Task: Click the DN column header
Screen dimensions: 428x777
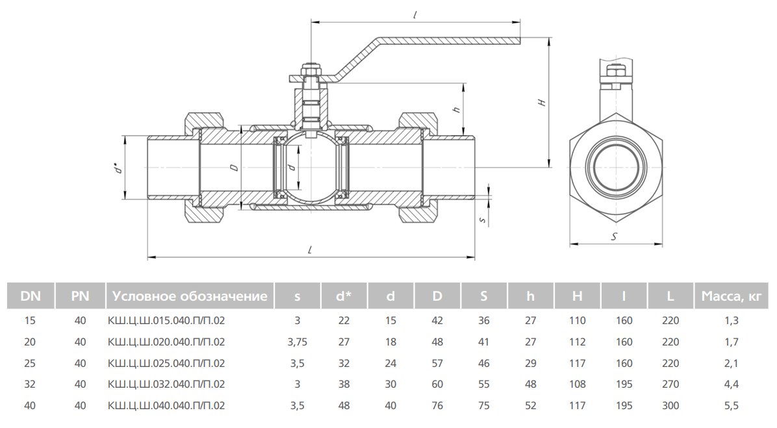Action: [x=30, y=297]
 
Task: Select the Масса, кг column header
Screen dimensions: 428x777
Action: [x=731, y=297]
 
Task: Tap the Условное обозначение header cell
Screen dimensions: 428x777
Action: [x=189, y=297]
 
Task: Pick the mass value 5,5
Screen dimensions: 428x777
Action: [x=731, y=406]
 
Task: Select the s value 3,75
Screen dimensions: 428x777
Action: [x=297, y=342]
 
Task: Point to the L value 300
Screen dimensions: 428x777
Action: [x=670, y=406]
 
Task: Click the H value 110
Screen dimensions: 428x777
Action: [x=577, y=320]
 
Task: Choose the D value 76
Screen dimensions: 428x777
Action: [x=437, y=406]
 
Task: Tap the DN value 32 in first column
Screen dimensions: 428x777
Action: [x=30, y=384]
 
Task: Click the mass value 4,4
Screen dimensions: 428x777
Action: [x=731, y=384]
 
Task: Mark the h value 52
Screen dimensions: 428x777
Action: [x=531, y=406]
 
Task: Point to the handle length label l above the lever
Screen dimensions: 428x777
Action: [x=414, y=14]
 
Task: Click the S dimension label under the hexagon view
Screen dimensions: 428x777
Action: [x=615, y=238]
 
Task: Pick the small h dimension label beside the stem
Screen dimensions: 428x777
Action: [x=457, y=110]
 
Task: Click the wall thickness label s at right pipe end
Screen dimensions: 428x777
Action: [x=482, y=220]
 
